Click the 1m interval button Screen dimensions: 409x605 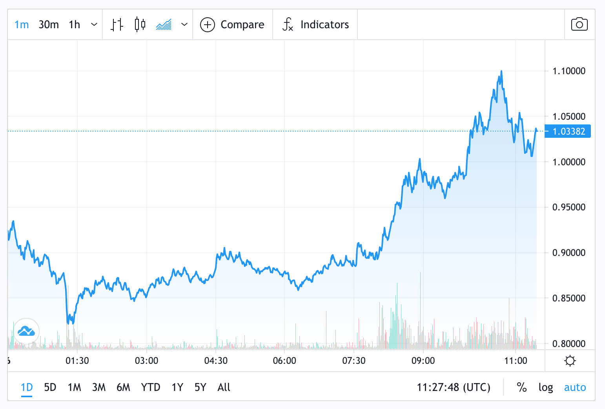22,25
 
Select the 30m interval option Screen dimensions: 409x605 49,25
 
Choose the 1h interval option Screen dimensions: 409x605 74,25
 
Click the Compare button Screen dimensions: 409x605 233,25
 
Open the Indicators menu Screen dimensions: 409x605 315,25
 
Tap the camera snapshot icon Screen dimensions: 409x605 579,24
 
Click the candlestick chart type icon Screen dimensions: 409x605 140,24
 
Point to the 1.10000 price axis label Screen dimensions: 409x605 569,71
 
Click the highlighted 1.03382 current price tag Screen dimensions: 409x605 569,131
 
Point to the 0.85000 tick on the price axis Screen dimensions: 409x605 569,298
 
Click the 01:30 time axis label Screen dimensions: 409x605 77,360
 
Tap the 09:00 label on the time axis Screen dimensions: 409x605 423,360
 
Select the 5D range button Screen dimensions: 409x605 50,387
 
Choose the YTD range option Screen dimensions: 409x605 150,387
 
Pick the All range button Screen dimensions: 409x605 224,387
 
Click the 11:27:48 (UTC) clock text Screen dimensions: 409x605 453,387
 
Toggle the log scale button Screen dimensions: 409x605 545,387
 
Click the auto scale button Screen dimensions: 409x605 575,387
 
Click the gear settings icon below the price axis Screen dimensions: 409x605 570,360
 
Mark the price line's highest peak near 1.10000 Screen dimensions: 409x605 501,71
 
